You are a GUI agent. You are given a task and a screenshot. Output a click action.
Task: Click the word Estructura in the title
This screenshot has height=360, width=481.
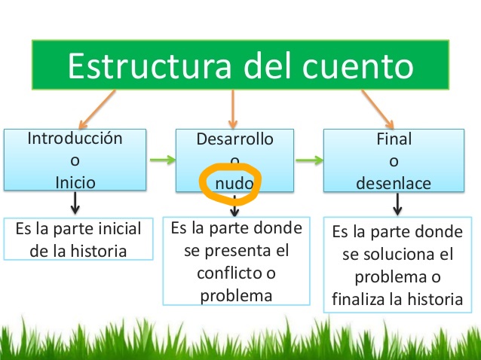(149, 66)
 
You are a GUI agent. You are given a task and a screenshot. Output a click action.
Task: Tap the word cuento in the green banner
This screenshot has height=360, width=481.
(358, 66)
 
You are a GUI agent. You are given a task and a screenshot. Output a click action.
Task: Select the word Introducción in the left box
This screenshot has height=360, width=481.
(75, 139)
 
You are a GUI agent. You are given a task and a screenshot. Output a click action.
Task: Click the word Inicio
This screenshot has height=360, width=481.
(75, 182)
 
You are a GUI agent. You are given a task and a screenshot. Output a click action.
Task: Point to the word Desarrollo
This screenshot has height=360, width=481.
(235, 139)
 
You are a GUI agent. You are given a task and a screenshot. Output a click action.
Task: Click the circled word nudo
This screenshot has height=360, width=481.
(234, 184)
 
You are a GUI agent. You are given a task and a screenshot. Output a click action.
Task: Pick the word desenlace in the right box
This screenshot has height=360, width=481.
(394, 183)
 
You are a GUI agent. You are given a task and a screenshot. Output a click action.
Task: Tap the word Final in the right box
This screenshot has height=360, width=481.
(394, 139)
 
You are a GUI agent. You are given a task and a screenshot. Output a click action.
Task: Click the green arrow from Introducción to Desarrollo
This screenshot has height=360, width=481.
(163, 160)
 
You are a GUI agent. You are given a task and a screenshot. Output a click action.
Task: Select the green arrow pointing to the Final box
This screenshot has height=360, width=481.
(310, 160)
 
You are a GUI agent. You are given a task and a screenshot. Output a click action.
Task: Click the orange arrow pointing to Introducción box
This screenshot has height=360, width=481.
(97, 109)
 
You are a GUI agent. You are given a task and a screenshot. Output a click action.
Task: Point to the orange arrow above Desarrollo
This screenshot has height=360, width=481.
(233, 109)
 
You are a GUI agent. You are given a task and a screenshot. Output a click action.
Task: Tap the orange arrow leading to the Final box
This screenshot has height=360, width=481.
(378, 109)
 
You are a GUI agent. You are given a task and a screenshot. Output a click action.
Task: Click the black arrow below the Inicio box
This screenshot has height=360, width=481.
(75, 203)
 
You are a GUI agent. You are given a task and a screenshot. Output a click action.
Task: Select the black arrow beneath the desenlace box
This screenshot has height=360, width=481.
(397, 204)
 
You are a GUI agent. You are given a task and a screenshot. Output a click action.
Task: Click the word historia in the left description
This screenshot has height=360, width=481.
(99, 252)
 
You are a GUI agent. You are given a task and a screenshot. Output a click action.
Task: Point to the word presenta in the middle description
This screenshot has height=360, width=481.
(237, 252)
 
